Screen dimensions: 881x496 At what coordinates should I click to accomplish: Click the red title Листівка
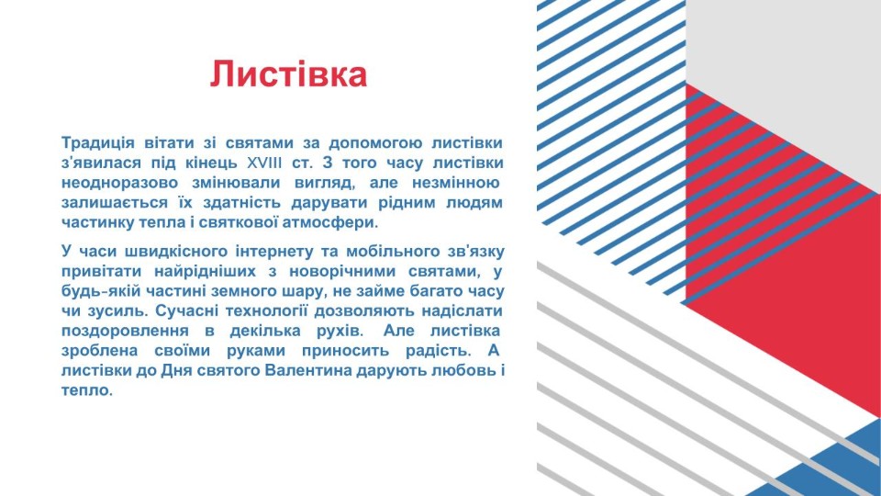pyautogui.click(x=288, y=73)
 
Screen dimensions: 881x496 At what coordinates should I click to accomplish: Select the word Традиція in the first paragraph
pyautogui.click(x=98, y=144)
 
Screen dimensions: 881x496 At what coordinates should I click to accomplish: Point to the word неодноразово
pyautogui.click(x=119, y=183)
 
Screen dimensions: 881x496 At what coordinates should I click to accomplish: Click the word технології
pyautogui.click(x=267, y=311)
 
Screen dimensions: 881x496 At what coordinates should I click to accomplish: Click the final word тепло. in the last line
pyautogui.click(x=87, y=390)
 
